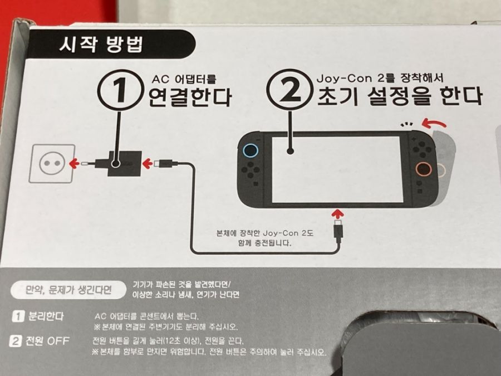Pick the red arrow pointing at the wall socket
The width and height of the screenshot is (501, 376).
point(75,163)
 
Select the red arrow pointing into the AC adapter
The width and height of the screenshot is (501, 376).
point(148,163)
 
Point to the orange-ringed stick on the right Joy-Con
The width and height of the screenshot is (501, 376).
point(424,168)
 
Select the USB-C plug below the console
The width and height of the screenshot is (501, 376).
point(337,231)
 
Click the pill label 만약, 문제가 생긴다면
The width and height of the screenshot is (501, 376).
point(61,290)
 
